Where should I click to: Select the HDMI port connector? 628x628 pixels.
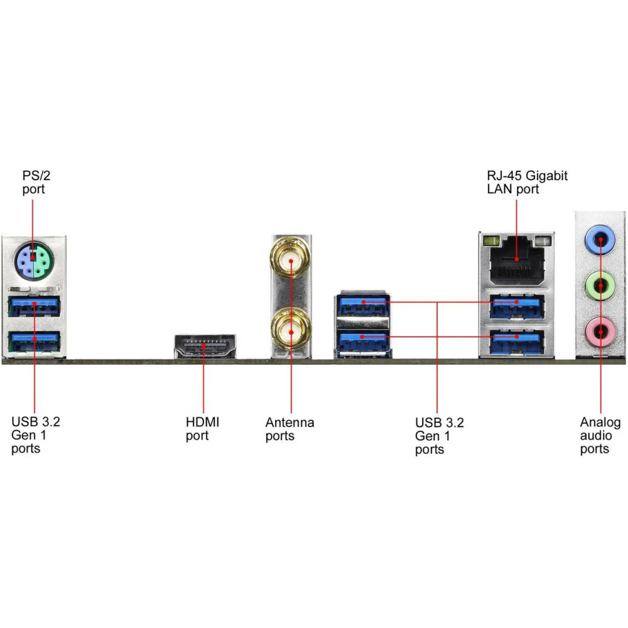click(205, 347)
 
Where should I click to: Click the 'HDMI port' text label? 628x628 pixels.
click(203, 428)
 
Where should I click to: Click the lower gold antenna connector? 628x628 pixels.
click(291, 328)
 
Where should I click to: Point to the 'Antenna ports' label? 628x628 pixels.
click(290, 428)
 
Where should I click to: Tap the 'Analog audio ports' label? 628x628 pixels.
click(600, 435)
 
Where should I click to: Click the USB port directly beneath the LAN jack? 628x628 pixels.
click(516, 306)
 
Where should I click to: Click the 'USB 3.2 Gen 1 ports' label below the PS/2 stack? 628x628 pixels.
click(36, 434)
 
